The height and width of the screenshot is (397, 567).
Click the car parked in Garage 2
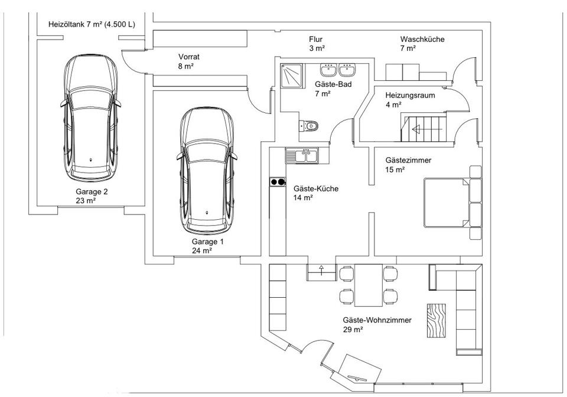click(90, 118)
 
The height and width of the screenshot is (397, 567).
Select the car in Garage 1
click(207, 171)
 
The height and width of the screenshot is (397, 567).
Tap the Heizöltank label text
click(92, 25)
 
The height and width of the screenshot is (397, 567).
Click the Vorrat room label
click(189, 57)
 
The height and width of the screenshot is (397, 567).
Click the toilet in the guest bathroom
click(308, 126)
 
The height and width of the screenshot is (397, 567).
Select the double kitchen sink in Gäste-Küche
click(302, 155)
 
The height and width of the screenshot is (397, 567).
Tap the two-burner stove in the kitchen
click(278, 182)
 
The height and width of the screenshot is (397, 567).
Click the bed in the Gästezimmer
click(448, 203)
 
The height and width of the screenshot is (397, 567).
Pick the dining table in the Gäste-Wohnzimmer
click(369, 285)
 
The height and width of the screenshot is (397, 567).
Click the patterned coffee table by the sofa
click(436, 321)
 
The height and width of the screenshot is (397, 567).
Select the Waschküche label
click(422, 39)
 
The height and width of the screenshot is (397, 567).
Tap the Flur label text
click(315, 39)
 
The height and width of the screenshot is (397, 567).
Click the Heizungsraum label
click(410, 96)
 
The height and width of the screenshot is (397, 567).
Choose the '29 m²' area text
click(353, 330)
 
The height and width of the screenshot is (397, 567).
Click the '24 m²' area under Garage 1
click(202, 250)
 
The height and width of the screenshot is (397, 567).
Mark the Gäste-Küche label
click(316, 188)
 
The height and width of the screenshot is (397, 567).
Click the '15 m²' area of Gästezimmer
click(395, 170)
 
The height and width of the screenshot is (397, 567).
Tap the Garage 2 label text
click(92, 191)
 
